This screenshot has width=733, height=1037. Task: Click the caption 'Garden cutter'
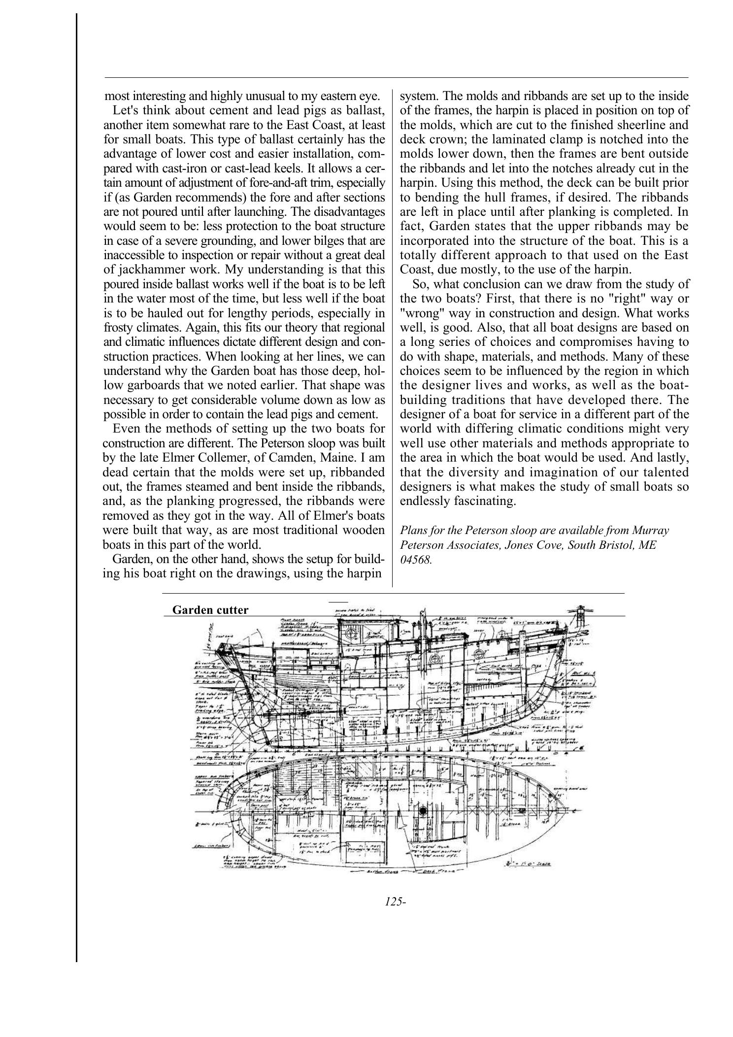pos(210,610)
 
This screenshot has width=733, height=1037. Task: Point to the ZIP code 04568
pos(416,560)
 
